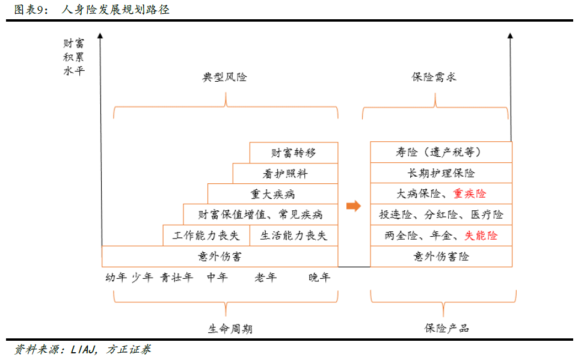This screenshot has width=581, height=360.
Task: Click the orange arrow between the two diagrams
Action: [354, 206]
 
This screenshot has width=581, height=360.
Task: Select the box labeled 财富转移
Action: [294, 153]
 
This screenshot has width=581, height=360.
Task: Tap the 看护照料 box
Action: [285, 173]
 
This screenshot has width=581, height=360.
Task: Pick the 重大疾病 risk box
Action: [272, 194]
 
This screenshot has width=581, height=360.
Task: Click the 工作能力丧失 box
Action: [206, 235]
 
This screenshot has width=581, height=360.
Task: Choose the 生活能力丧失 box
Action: [294, 235]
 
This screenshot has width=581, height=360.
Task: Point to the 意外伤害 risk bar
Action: [220, 256]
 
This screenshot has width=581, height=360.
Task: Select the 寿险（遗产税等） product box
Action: [441, 152]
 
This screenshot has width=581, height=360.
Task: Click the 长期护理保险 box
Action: [441, 173]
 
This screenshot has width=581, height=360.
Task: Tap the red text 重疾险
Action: [470, 194]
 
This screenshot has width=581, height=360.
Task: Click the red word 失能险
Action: [481, 235]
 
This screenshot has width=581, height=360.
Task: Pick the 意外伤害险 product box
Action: [441, 256]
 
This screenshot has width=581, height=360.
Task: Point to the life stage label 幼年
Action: [116, 277]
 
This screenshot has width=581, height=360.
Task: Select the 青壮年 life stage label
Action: [176, 277]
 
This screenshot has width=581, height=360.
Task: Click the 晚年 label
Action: [319, 277]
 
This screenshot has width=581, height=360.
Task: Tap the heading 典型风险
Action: [224, 77]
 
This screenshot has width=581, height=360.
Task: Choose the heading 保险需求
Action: [434, 77]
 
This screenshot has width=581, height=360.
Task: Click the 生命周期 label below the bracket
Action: [230, 329]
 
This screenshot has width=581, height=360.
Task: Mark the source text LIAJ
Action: [84, 349]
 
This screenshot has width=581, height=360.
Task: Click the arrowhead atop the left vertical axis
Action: [100, 35]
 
